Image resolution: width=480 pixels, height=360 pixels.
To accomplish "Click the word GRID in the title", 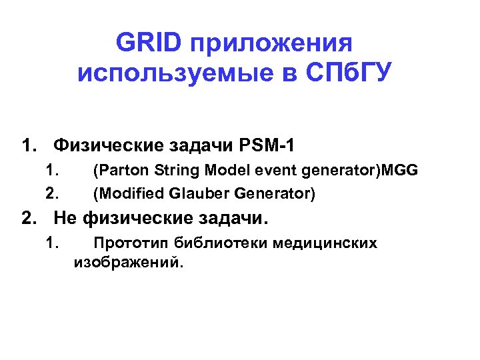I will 148,43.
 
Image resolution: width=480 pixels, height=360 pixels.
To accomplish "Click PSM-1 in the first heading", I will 270,144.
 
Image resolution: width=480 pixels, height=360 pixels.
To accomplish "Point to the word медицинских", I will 325,243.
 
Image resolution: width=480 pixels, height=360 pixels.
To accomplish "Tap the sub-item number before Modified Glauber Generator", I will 53,193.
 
